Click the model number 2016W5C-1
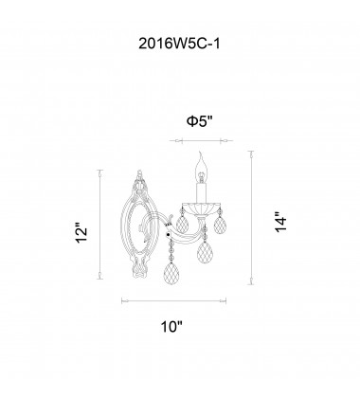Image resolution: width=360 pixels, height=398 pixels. [179, 44]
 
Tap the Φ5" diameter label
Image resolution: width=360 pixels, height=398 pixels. [200, 121]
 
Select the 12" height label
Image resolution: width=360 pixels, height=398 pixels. [81, 234]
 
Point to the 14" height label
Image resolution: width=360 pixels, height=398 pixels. [280, 222]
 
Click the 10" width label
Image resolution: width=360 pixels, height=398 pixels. [172, 326]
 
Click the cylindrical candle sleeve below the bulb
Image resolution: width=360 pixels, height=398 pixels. [201, 192]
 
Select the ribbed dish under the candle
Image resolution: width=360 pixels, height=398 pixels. [201, 208]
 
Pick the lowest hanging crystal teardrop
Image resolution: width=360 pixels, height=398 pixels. [171, 274]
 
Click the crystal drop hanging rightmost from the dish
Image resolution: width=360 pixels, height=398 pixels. [220, 226]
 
